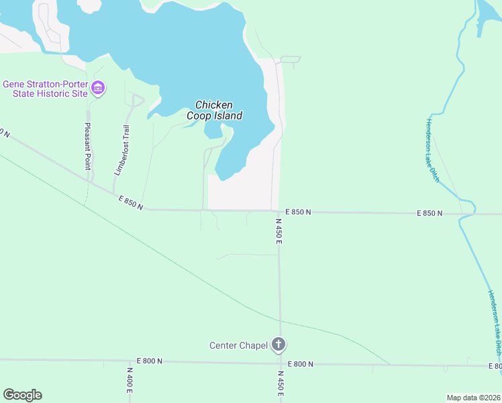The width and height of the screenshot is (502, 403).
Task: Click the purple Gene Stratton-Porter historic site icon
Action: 98,88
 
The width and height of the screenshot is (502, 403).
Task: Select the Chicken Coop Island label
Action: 214,110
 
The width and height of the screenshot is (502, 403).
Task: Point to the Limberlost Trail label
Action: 121,150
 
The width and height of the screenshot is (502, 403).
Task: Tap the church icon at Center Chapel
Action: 279,345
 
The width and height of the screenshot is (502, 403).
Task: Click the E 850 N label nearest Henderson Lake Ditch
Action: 430,213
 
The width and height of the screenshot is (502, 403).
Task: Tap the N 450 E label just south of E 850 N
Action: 279,230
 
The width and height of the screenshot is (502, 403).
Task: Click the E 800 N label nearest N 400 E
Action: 149,361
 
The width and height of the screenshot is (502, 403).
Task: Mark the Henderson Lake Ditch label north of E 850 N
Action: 432,151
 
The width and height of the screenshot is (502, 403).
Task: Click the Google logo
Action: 22,395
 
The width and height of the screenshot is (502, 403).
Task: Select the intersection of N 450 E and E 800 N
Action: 280,363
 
